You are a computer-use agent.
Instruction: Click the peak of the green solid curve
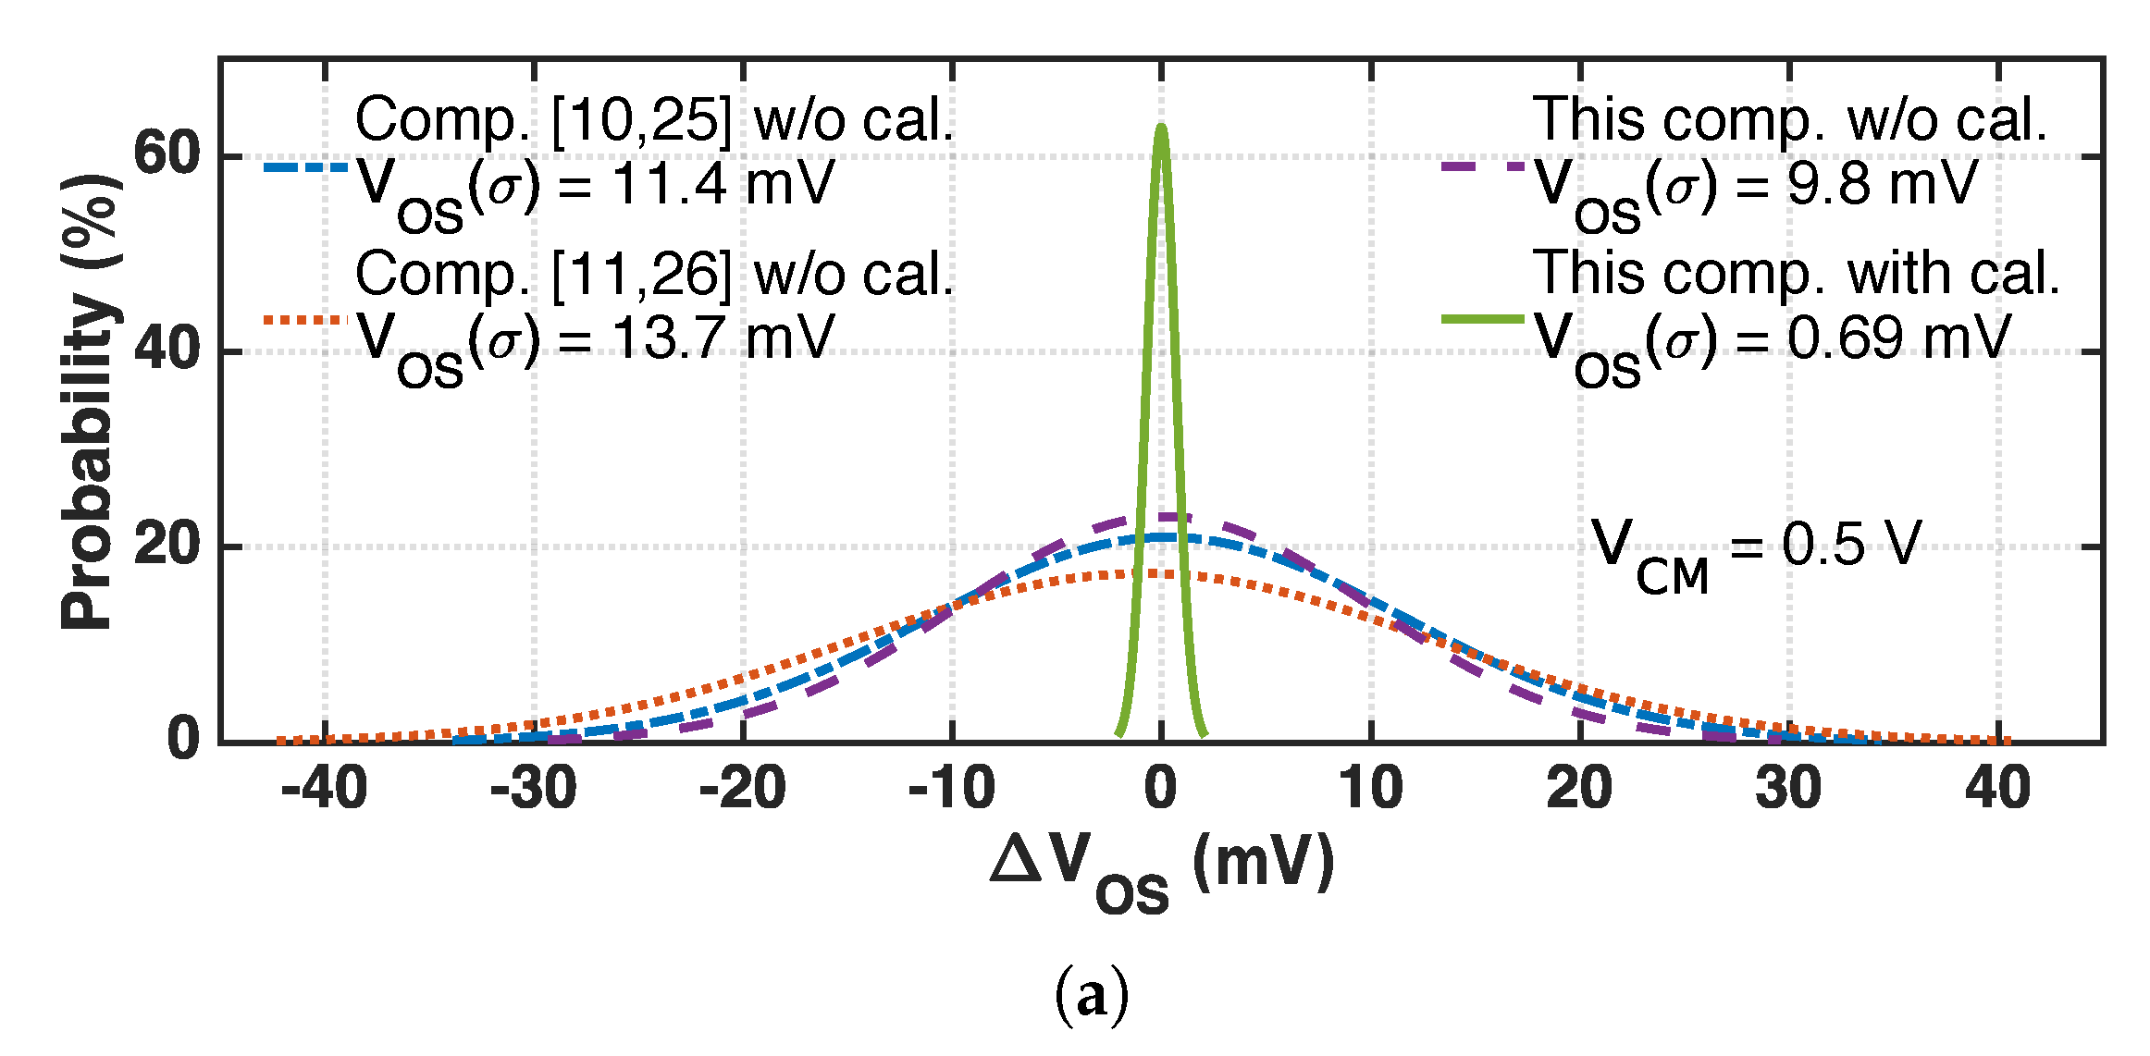[x=1161, y=126]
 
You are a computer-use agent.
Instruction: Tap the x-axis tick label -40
[x=324, y=789]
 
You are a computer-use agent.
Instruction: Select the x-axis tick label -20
[x=742, y=789]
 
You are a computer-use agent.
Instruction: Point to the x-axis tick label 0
[x=1161, y=789]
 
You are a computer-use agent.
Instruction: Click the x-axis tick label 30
[x=1788, y=789]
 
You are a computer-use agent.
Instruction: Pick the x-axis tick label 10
[x=1370, y=789]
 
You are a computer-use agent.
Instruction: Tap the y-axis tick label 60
[x=167, y=153]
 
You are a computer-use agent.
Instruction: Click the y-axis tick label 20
[x=167, y=546]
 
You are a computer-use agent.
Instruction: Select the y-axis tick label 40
[x=167, y=350]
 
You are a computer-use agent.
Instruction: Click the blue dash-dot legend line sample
[x=306, y=168]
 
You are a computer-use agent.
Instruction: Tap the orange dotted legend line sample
[x=306, y=321]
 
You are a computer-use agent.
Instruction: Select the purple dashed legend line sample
[x=1482, y=168]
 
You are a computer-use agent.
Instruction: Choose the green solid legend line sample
[x=1482, y=320]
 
